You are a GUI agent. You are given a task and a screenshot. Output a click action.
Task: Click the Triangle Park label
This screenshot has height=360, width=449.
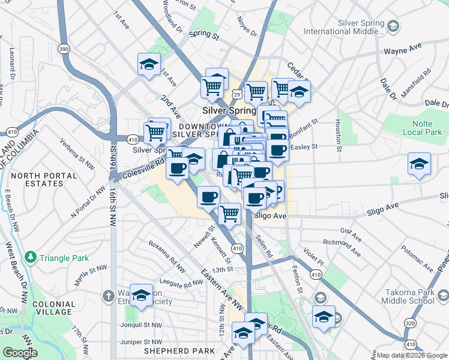64,258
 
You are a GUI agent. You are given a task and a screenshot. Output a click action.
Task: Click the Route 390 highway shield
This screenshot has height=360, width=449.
64,47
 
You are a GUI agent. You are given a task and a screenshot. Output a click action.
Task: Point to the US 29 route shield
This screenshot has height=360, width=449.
238,94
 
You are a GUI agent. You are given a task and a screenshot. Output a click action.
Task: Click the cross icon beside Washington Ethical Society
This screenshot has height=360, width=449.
109,296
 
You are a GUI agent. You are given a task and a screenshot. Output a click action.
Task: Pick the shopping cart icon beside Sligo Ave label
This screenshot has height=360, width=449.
229,212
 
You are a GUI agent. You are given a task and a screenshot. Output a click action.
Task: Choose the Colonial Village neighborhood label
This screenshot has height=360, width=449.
53,308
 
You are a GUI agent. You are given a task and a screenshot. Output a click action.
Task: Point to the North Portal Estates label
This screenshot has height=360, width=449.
43,181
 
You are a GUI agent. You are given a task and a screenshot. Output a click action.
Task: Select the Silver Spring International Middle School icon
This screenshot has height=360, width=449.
393,26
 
